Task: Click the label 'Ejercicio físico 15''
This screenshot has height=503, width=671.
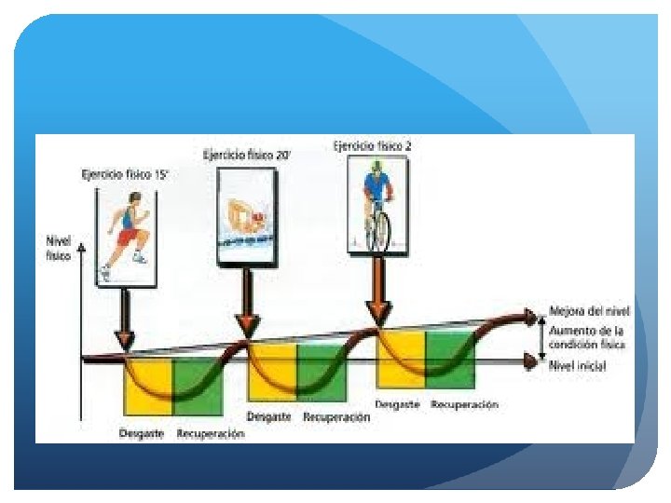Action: (126, 173)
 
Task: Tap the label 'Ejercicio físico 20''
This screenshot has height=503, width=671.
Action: (246, 155)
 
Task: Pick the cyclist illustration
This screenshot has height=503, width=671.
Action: (377, 205)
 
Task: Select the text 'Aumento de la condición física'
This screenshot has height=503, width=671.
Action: (587, 337)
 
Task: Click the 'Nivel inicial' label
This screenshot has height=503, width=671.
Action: (578, 366)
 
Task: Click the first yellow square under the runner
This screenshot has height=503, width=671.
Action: (148, 387)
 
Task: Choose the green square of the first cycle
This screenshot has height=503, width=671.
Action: (198, 387)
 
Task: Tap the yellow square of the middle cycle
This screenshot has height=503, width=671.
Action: (271, 373)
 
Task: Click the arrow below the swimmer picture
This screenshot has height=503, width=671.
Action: (247, 303)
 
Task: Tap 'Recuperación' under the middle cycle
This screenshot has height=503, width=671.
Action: (336, 417)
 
